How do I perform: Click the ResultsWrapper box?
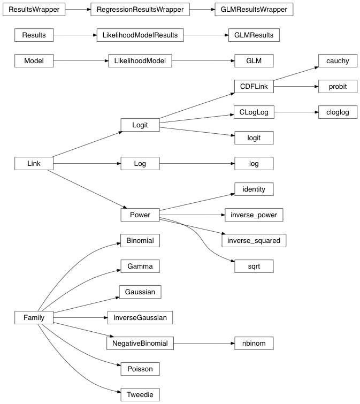coord(34,10)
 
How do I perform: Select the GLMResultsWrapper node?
coord(254,10)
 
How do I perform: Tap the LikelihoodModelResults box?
coord(140,35)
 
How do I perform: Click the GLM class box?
coord(254,61)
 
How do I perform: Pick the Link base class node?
coord(34,163)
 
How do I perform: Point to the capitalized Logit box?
coord(140,125)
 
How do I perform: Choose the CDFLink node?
coord(254,87)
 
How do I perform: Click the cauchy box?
coord(338,60)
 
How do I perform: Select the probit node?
coord(338,87)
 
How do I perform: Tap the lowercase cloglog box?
coord(338,112)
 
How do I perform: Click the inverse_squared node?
coord(254,240)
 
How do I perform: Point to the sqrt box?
coord(254,266)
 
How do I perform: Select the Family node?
coord(34,318)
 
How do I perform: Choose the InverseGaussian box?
coord(140,317)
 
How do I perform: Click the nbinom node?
coord(254,343)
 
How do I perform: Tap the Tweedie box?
coord(140,394)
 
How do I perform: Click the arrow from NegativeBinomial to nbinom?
coord(203,343)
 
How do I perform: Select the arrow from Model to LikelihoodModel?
coord(80,61)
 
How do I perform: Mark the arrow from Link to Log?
coord(86,163)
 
